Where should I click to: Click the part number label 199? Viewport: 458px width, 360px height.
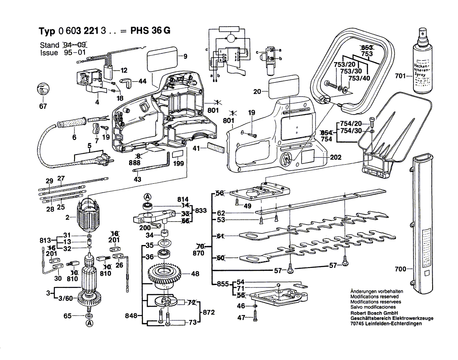coord(178,164)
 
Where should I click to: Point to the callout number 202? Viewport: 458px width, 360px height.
coord(335,157)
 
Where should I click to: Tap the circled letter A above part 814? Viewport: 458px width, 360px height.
coord(147,197)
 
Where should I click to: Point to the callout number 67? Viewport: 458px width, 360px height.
coord(43,106)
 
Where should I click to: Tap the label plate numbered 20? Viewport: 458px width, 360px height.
coord(283,88)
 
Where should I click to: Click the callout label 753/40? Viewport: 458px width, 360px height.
coord(360,78)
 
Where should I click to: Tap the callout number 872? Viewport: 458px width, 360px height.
coord(209,312)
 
